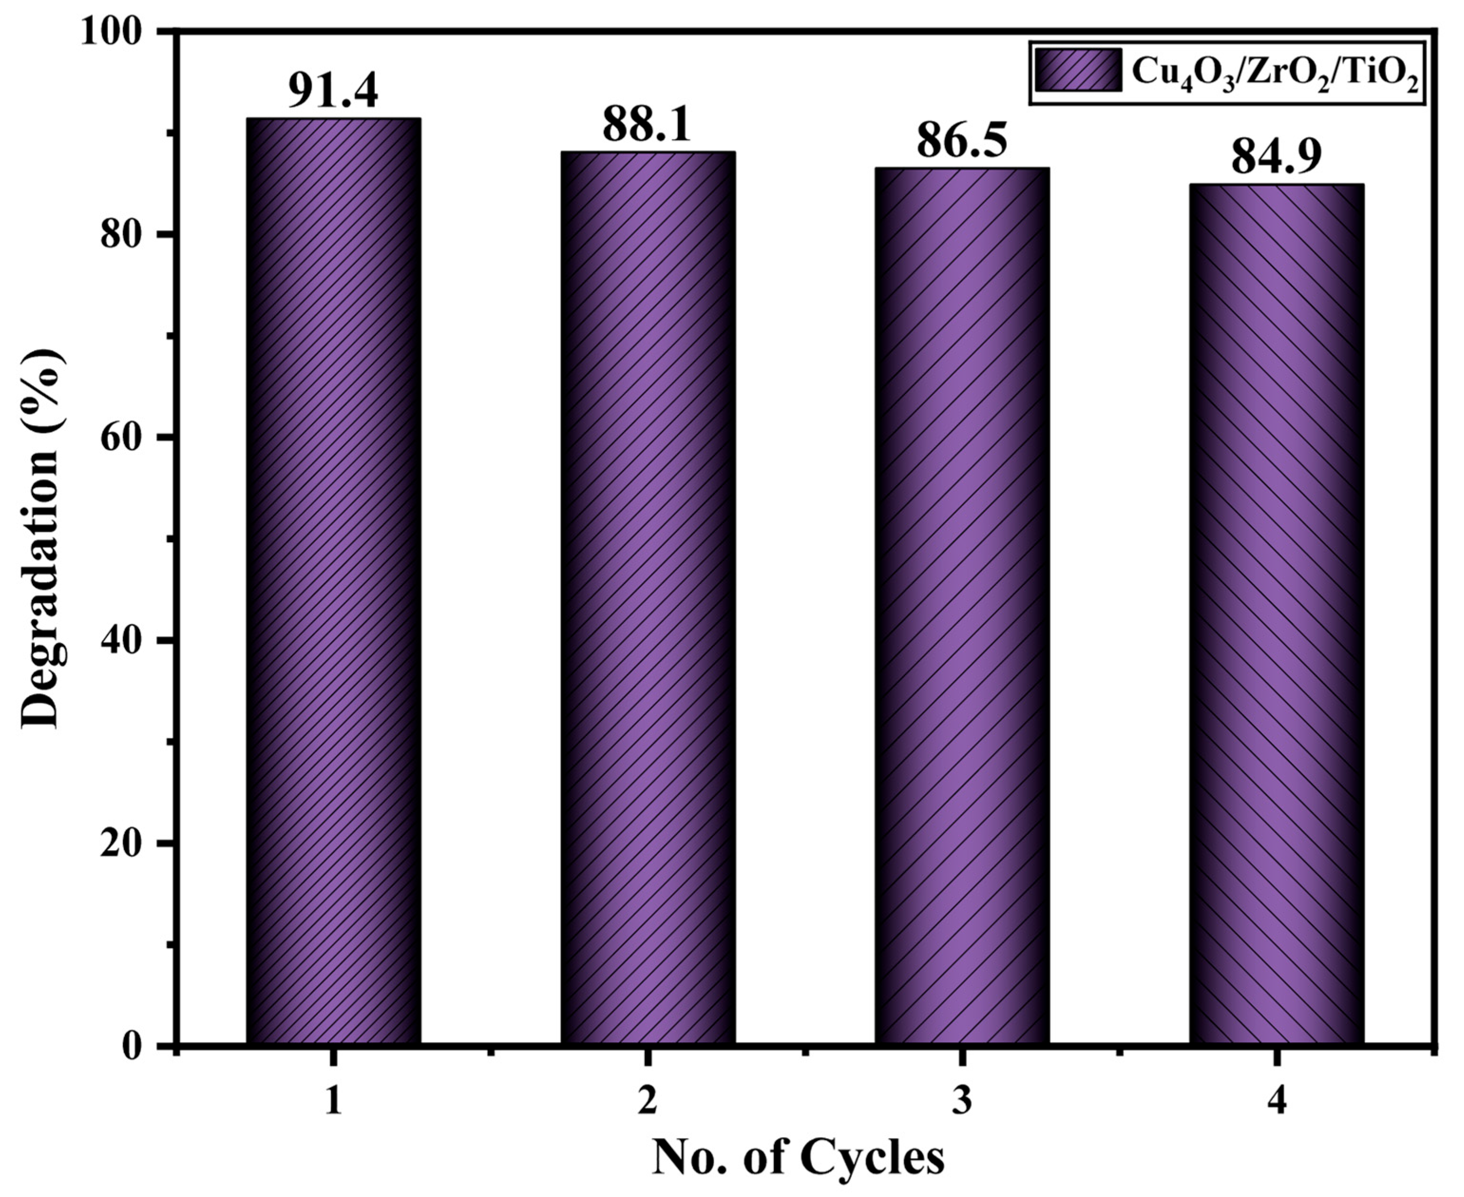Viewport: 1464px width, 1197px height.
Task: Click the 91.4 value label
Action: pos(333,90)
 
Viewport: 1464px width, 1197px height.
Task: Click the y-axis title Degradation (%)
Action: pos(43,538)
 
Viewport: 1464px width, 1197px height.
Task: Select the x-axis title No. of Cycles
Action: pos(798,1159)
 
